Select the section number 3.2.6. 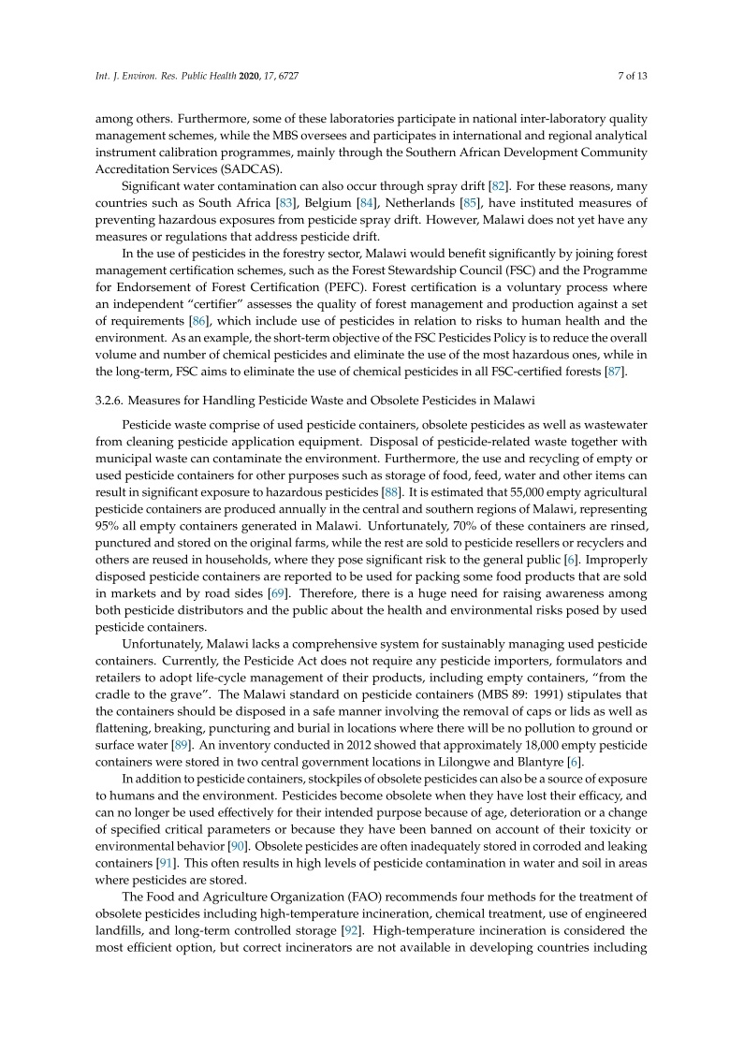click(x=113, y=401)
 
